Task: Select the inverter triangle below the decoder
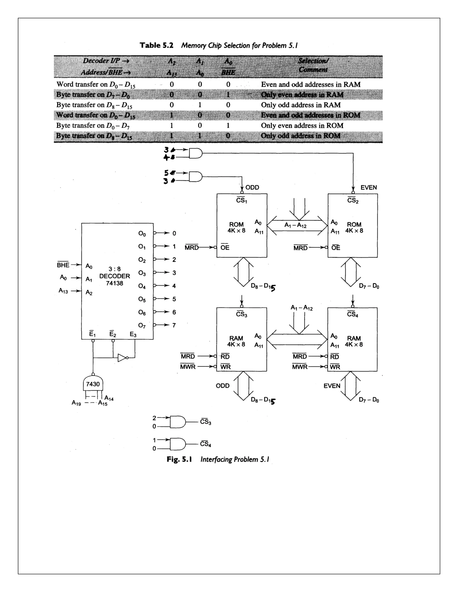point(122,358)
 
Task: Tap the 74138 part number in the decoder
point(114,283)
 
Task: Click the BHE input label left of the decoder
point(63,265)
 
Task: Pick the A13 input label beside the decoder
point(63,291)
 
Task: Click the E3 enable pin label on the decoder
point(133,334)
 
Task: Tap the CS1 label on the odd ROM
point(242,200)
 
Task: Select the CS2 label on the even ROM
point(353,200)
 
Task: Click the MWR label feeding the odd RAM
point(188,367)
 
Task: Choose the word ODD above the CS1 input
point(252,187)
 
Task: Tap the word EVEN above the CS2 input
point(369,187)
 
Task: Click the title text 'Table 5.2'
point(157,45)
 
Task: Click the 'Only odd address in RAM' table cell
point(301,105)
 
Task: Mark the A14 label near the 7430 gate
point(109,398)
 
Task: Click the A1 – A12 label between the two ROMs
point(295,225)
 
